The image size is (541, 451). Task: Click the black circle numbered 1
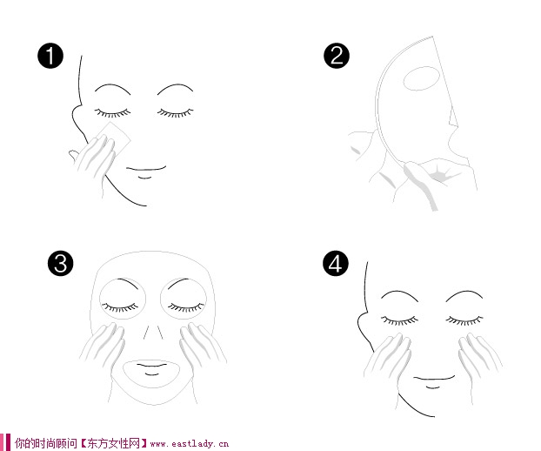50,56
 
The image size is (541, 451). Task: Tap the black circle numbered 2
337,56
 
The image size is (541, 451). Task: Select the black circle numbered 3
61,263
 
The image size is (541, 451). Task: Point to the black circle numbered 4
336,264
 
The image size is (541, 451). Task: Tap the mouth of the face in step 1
146,169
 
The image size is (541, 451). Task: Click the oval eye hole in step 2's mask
421,78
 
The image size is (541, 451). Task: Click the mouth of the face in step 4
434,378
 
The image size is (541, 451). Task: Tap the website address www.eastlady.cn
190,443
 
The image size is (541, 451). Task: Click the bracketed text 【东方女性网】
114,443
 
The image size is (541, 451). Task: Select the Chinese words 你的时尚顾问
46,443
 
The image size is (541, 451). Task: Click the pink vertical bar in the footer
8,442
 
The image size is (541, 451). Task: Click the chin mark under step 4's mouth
432,387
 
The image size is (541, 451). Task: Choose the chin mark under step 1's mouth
145,178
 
